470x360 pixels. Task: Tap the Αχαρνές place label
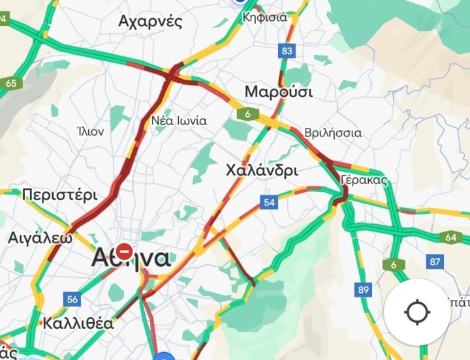(x=159, y=22)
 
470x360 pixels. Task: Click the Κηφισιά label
(x=264, y=18)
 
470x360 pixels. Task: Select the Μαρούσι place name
(x=278, y=91)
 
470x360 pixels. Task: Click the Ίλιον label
(x=90, y=131)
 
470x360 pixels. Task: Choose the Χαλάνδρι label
(x=261, y=171)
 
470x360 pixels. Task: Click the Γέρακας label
(x=364, y=181)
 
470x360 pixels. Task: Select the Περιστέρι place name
(x=59, y=195)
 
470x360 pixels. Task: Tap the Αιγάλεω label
(x=40, y=237)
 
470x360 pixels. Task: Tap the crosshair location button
(x=416, y=312)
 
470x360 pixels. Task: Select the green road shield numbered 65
(x=11, y=83)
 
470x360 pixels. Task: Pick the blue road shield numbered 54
(x=268, y=202)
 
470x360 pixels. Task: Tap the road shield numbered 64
(x=450, y=237)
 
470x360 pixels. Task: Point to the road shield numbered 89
(x=363, y=288)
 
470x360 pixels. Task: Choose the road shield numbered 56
(x=72, y=299)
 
